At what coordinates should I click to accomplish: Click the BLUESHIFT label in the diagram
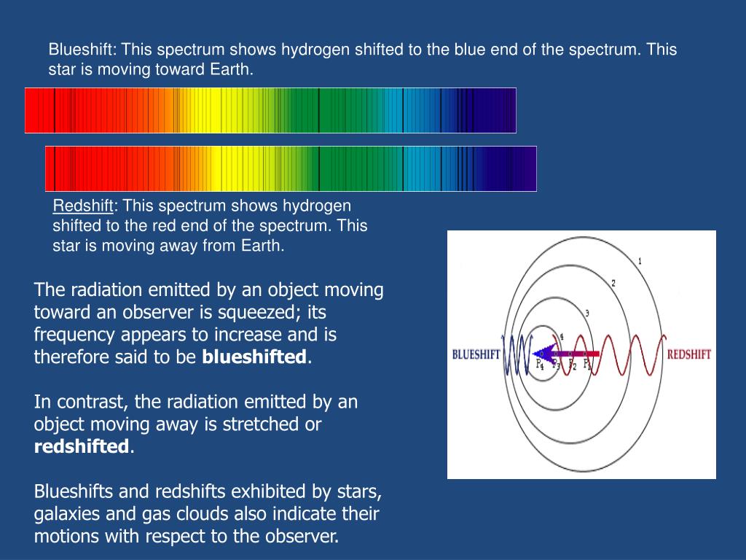click(x=475, y=355)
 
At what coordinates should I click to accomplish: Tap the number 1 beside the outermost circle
click(x=640, y=261)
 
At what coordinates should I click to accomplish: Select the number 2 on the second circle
click(x=613, y=283)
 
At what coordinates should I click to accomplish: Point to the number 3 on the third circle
click(x=586, y=314)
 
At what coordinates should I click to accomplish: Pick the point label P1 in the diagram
click(x=587, y=363)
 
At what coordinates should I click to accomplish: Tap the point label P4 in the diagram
click(x=540, y=364)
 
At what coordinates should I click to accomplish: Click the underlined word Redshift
click(x=81, y=206)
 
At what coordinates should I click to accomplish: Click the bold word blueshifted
click(x=254, y=357)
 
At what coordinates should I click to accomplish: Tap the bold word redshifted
click(x=82, y=447)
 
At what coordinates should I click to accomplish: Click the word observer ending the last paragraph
click(x=302, y=537)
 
